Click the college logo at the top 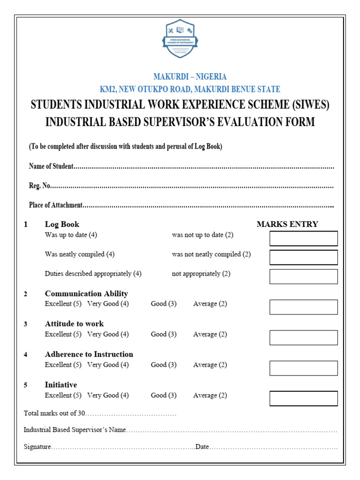click(180, 38)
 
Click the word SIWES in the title click(308, 105)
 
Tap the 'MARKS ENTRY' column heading click(287, 224)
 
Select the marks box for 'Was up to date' click(303, 238)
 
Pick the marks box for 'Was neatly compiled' click(303, 257)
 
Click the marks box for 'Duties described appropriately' click(303, 277)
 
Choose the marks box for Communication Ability click(303, 307)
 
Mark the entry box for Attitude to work click(303, 337)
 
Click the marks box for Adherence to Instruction click(303, 368)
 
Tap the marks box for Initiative click(303, 398)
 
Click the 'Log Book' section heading click(62, 224)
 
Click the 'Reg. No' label click(39, 186)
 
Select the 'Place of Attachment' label click(56, 205)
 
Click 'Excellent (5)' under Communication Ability click(63, 304)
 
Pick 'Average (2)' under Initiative click(210, 395)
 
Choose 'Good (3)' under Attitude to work click(164, 334)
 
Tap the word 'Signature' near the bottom click(37, 447)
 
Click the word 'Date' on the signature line click(202, 447)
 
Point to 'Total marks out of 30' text click(54, 413)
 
